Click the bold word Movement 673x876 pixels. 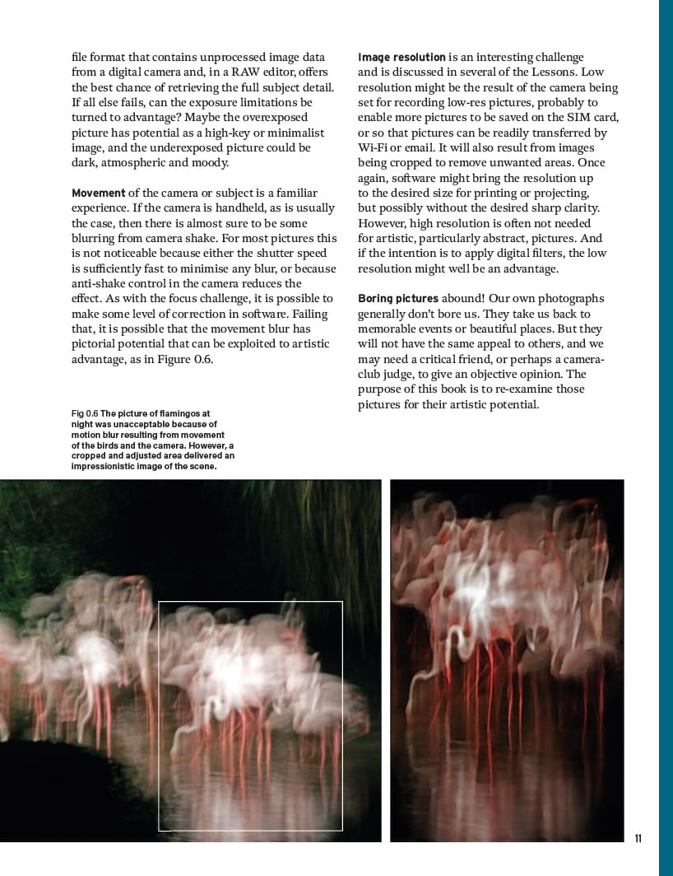99,193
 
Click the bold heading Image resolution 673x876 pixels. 401,58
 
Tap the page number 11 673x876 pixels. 638,839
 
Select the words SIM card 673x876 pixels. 591,118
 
